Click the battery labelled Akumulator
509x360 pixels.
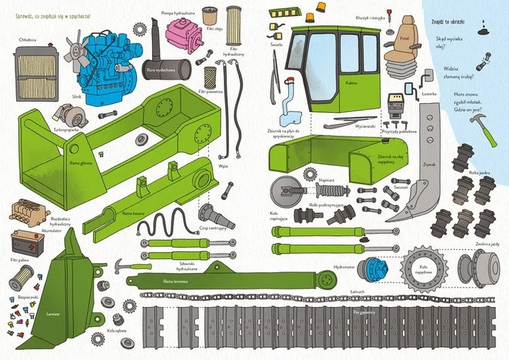click(27, 242)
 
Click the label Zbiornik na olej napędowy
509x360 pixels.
click(373, 158)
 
